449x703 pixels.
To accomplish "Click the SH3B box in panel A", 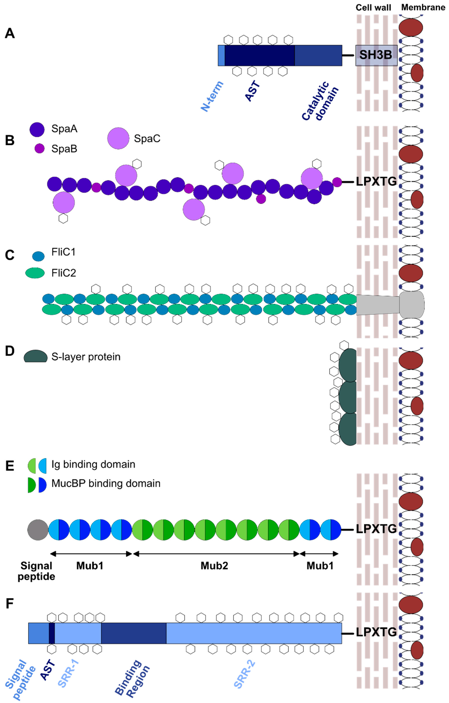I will point(376,55).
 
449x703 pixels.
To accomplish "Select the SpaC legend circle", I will point(118,138).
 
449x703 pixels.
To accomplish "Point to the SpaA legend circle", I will point(37,129).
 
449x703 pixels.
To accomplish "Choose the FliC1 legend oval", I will point(38,256).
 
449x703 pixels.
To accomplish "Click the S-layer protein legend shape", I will point(35,357).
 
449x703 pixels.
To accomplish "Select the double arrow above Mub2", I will point(216,554).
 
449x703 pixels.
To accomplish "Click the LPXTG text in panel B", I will point(376,182).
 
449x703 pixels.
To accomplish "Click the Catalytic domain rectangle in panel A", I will point(318,55).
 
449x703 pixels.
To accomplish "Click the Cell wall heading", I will point(373,8).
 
